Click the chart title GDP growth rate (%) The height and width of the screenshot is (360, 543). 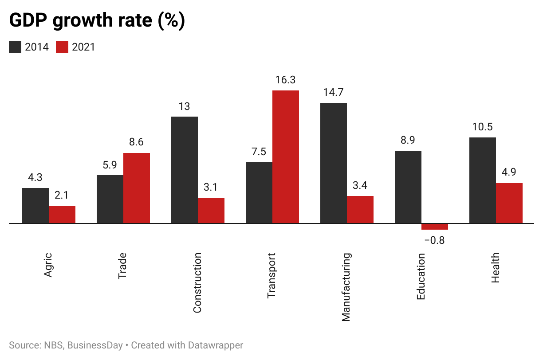[97, 21]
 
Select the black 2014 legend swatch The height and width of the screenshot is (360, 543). [15, 47]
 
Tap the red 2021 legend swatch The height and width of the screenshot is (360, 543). [62, 47]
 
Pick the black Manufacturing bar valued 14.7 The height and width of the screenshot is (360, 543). [334, 163]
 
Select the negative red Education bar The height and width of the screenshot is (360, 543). [434, 227]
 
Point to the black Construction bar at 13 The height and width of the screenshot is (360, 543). [185, 170]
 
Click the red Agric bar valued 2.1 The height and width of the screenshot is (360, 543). [62, 215]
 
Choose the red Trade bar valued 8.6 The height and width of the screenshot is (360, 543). [137, 188]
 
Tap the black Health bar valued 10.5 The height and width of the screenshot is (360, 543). [482, 180]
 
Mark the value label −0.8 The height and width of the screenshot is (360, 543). [434, 241]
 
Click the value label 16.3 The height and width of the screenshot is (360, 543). [285, 80]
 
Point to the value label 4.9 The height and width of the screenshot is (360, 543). [509, 172]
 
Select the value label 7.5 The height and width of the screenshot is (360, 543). [259, 152]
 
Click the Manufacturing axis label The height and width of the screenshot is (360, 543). [346, 287]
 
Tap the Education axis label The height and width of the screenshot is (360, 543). [421, 276]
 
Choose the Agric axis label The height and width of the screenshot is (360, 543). [48, 265]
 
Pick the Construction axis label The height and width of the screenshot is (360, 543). [197, 283]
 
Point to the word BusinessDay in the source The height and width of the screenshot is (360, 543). [95, 345]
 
